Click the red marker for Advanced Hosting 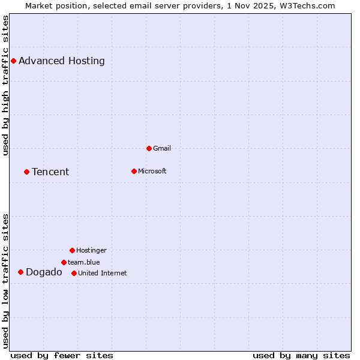click(13, 61)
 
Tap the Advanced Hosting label click(62, 61)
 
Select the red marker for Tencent click(26, 172)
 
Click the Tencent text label click(50, 172)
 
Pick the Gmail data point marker click(149, 148)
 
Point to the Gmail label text click(162, 148)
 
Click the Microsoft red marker click(134, 171)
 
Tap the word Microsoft click(152, 171)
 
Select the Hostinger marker click(72, 250)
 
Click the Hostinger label click(91, 250)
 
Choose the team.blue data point click(64, 262)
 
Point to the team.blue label click(84, 262)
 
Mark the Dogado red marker click(20, 272)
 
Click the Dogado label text click(44, 272)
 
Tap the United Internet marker click(74, 273)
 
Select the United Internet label click(103, 273)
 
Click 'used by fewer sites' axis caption click(62, 355)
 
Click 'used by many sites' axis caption click(301, 355)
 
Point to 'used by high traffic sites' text click(6, 85)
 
